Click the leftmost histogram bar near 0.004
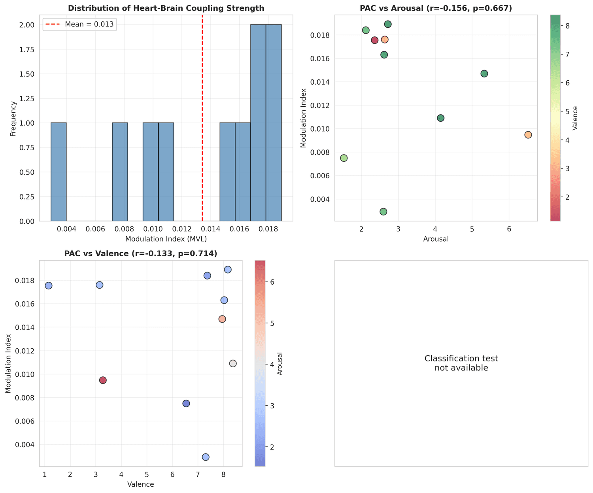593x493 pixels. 59,172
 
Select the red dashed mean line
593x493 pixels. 202,119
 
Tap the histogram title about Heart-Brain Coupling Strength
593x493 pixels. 166,8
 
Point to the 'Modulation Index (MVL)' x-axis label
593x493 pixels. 166,239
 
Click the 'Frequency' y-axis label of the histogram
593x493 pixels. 14,119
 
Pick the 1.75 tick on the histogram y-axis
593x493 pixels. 30,49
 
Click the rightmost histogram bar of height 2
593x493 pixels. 274,123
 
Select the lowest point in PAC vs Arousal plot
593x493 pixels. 383,212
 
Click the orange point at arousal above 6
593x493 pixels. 528,135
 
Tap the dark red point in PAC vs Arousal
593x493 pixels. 375,40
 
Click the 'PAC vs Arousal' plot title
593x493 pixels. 436,8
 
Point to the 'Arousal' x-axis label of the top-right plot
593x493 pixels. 436,239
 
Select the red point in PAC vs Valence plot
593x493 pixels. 103,380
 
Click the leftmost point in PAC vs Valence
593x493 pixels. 49,285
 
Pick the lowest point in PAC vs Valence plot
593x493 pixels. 206,457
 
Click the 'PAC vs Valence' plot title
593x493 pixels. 141,253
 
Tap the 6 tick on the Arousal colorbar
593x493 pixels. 270,282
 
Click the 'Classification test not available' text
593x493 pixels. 461,363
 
